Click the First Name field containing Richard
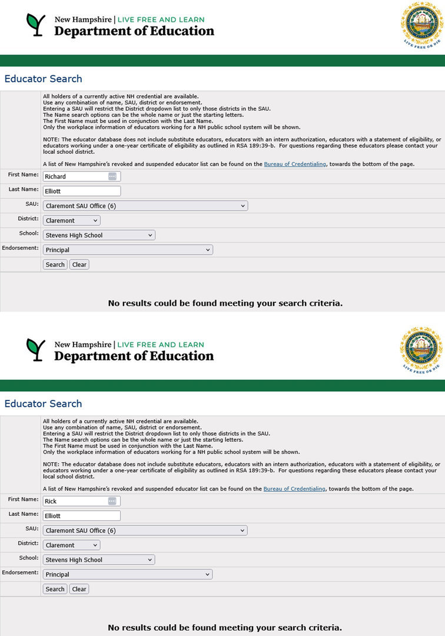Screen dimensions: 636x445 pyautogui.click(x=75, y=177)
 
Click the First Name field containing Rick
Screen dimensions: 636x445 pyautogui.click(x=75, y=501)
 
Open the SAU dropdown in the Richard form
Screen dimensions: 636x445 pyautogui.click(x=145, y=206)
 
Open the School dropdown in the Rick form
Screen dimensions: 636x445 pyautogui.click(x=99, y=560)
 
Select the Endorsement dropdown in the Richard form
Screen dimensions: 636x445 pyautogui.click(x=128, y=250)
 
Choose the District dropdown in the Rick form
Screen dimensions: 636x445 pyautogui.click(x=71, y=545)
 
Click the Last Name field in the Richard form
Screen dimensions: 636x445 pyautogui.click(x=82, y=191)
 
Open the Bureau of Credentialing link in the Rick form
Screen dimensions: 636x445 pyautogui.click(x=294, y=489)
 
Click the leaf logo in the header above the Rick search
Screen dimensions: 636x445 pyautogui.click(x=35, y=349)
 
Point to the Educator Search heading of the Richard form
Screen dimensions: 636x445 pyautogui.click(x=44, y=79)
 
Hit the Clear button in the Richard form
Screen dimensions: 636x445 pyautogui.click(x=79, y=264)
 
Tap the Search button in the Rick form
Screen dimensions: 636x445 pyautogui.click(x=55, y=589)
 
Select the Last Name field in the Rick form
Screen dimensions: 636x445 pyautogui.click(x=82, y=516)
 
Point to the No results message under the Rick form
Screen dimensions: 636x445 pyautogui.click(x=225, y=628)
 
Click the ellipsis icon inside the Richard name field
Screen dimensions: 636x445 pyautogui.click(x=112, y=177)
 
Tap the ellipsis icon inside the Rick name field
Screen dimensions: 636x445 pyautogui.click(x=112, y=501)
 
